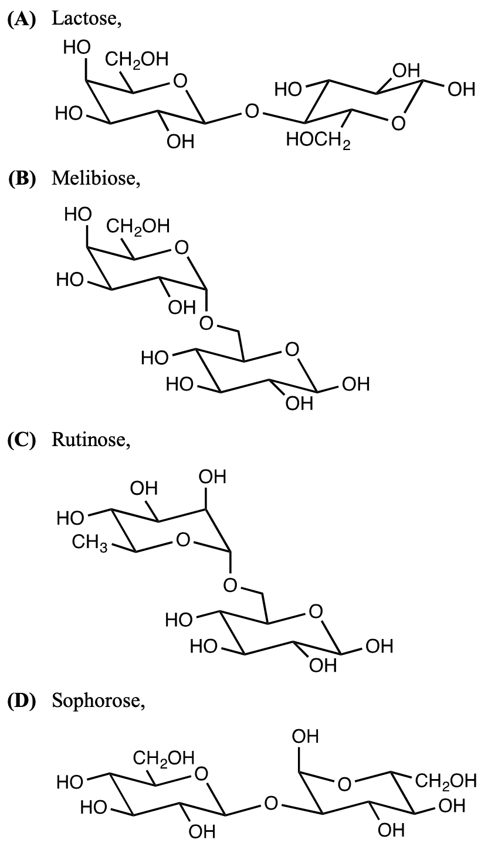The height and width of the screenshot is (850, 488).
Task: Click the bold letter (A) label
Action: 21,19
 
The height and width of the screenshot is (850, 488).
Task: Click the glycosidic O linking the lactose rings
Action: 252,110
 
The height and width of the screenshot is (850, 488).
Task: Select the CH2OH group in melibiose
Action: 137,226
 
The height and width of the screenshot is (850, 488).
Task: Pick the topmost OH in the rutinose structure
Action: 212,477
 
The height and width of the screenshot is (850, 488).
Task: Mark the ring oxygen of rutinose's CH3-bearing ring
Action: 183,538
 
